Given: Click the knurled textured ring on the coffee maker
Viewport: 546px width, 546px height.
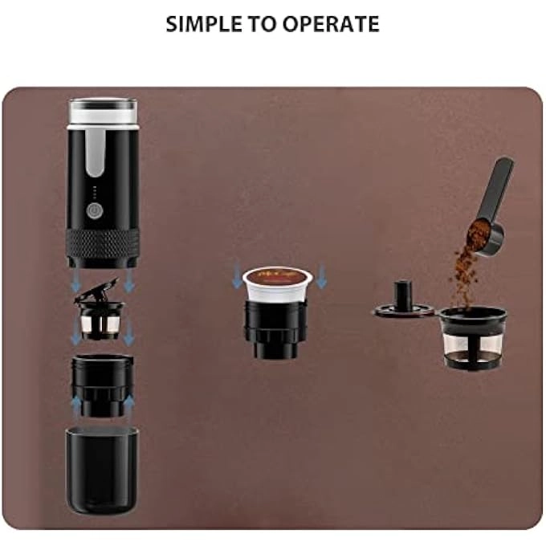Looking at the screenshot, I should pos(102,238).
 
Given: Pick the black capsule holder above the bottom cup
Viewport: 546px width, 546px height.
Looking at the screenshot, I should pos(102,385).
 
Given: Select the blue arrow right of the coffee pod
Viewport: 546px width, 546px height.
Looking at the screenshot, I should pos(321,276).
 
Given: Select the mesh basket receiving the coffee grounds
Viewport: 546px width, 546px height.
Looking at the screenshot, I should pos(472,341).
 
